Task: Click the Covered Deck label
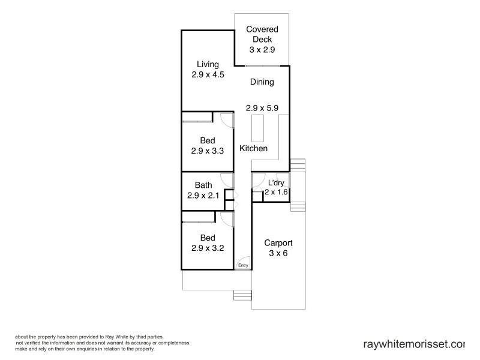coord(262,34)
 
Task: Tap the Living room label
coord(205,64)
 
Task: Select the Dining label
coord(262,82)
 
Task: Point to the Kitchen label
coord(253,148)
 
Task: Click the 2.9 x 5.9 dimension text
coord(262,108)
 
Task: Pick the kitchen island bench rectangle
coord(258,127)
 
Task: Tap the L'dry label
coord(276,182)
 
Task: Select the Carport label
coord(278,243)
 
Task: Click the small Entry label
coord(243,265)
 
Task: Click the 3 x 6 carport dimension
coord(278,253)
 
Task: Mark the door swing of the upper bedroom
coord(226,119)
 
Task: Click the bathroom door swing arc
coord(227,179)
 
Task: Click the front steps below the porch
coord(241,295)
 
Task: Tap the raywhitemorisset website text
coord(414,344)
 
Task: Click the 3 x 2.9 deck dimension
coord(262,50)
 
